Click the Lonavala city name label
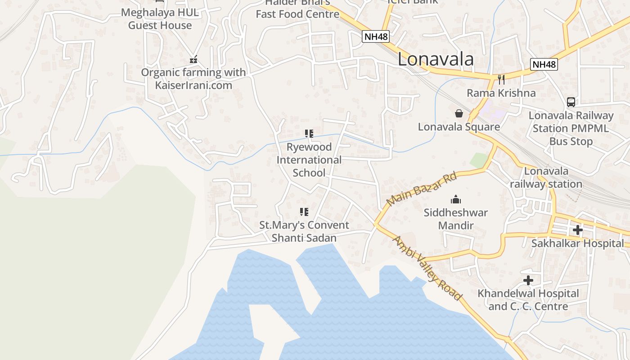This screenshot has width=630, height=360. tap(436, 59)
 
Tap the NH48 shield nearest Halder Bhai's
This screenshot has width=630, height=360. tap(375, 36)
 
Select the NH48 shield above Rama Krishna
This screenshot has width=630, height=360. tap(544, 64)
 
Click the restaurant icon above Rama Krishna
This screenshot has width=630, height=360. tap(501, 80)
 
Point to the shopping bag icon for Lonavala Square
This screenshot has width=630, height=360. tap(459, 113)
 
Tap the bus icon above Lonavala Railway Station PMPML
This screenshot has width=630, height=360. tap(571, 102)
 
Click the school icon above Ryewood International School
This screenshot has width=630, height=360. tap(309, 134)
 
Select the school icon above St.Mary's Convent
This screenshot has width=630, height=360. tap(304, 211)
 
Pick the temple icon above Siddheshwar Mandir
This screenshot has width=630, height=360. tap(456, 199)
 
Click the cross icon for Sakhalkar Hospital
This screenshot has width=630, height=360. tap(577, 230)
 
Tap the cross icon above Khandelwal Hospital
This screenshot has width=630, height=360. tap(528, 281)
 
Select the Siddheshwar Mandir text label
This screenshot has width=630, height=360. tap(456, 219)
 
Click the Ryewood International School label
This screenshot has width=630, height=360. tap(309, 160)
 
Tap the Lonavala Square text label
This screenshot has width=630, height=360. tap(459, 127)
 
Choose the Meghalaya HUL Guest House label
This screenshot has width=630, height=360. tap(160, 19)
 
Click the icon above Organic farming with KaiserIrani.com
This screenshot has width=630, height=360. tap(193, 59)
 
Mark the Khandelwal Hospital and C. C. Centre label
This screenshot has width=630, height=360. tap(528, 300)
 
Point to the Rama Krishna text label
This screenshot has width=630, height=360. tap(501, 93)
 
